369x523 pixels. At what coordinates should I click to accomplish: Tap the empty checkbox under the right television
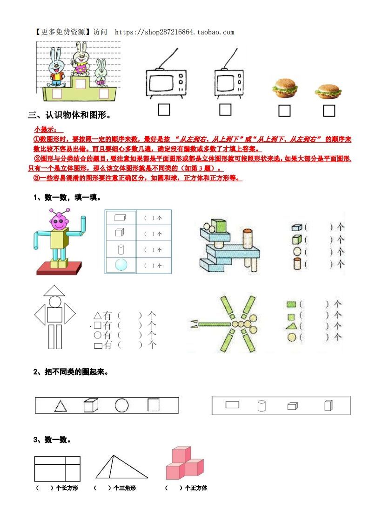pyautogui.click(x=225, y=110)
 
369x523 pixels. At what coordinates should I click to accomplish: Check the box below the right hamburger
pyautogui.click(x=329, y=110)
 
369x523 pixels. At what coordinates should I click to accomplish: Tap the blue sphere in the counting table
pyautogui.click(x=121, y=265)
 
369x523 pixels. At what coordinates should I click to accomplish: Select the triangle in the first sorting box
pyautogui.click(x=60, y=406)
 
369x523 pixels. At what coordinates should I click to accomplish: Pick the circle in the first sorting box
pyautogui.click(x=122, y=406)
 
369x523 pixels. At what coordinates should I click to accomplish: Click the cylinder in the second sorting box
pyautogui.click(x=262, y=406)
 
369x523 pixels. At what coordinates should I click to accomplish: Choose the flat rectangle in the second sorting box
pyautogui.click(x=232, y=405)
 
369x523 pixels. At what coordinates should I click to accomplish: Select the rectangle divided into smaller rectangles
pyautogui.click(x=57, y=468)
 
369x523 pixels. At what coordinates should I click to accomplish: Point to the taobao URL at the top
pyautogui.click(x=174, y=32)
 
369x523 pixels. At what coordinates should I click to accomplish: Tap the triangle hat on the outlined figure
pyautogui.click(x=54, y=290)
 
